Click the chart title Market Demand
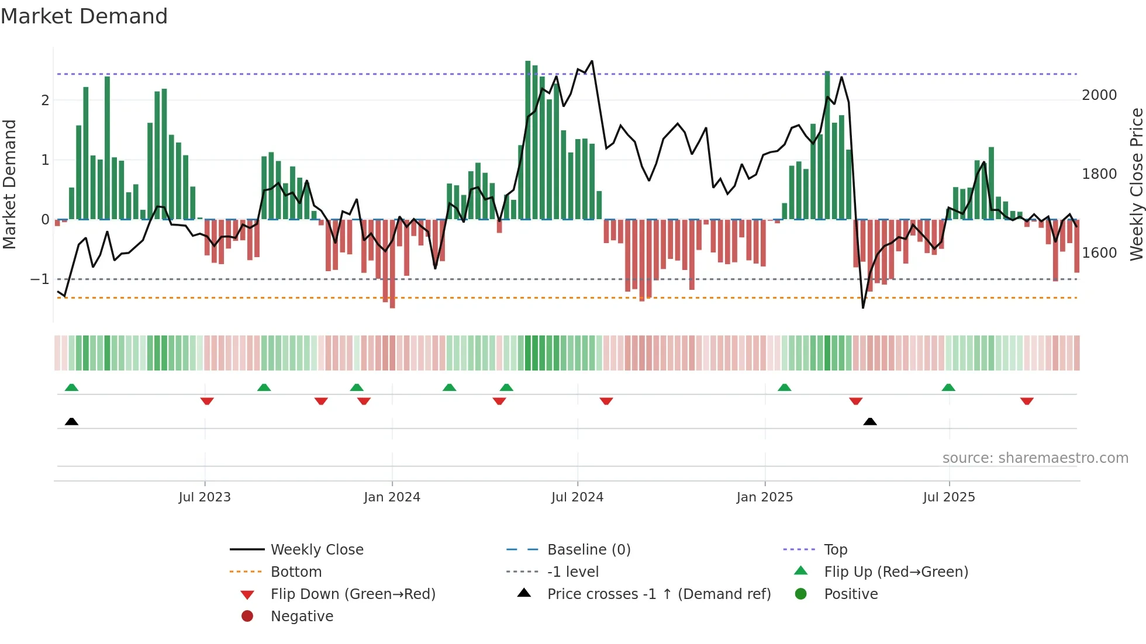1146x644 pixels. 84,16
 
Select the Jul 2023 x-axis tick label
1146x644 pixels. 205,497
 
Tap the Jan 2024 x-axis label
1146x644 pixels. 392,497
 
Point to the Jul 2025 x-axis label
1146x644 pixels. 949,497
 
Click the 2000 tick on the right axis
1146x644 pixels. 1099,95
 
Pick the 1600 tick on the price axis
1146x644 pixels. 1099,253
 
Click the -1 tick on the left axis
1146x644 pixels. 40,279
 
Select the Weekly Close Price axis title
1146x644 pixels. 1136,184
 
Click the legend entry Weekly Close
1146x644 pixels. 317,550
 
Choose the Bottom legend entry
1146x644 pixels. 296,572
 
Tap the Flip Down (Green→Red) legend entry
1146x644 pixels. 353,594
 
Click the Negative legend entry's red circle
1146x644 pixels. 247,617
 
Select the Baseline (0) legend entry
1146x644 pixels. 588,550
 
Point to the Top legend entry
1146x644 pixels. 836,550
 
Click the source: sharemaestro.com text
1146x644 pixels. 1035,458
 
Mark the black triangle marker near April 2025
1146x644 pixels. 870,421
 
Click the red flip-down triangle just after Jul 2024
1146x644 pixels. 606,401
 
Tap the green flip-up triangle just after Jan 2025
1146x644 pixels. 785,387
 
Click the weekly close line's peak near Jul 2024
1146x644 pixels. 592,61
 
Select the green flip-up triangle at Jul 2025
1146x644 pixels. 948,387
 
